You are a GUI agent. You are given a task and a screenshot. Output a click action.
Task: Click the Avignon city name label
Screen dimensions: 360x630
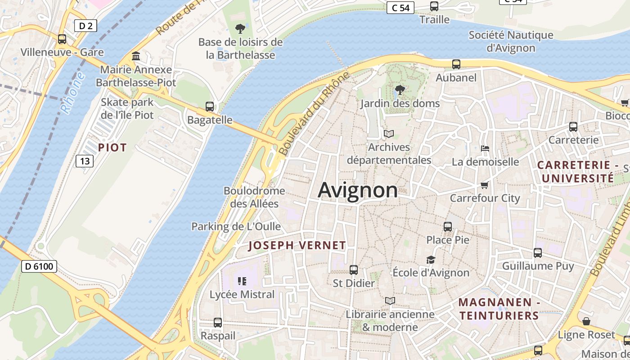point(358,190)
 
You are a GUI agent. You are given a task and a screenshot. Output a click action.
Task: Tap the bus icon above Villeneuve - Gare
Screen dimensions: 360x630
point(62,39)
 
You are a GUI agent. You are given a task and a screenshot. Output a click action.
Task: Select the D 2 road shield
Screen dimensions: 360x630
point(85,26)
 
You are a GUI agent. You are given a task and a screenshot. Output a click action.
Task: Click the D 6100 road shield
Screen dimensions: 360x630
point(39,266)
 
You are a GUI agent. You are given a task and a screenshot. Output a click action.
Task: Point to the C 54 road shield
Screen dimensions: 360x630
point(400,8)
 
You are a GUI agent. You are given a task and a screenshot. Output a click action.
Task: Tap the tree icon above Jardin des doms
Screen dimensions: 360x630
point(399,90)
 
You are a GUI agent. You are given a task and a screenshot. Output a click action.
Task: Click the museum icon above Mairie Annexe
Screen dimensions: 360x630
point(136,56)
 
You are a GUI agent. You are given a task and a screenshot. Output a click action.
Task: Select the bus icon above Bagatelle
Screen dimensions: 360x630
point(210,107)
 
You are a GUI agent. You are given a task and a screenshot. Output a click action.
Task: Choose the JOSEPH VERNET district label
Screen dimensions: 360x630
point(297,245)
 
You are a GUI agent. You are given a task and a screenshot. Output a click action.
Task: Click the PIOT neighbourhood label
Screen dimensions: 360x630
point(112,147)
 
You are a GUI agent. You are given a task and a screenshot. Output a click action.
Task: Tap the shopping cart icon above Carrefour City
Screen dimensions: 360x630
point(485,185)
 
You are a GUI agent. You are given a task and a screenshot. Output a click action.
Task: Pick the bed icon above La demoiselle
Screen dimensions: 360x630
point(485,148)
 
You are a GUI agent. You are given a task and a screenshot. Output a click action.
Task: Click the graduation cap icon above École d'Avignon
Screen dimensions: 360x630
point(431,260)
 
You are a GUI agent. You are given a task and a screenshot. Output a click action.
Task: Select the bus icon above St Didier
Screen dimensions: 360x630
point(354,270)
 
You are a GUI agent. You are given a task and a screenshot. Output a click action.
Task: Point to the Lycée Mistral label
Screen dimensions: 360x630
point(242,294)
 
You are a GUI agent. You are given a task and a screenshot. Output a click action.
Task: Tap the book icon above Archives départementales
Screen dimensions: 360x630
point(388,134)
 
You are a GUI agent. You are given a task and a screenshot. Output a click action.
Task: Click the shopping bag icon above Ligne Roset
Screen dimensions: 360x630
point(586,321)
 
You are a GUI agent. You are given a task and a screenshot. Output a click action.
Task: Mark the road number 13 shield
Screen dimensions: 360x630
point(84,161)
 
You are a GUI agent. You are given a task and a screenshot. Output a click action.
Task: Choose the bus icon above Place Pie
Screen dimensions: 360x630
point(448,227)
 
